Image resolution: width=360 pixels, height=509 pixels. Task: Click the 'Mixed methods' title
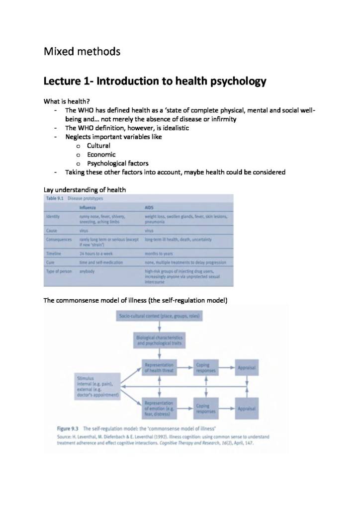[82, 51]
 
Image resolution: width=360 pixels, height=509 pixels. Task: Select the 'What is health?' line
[67, 101]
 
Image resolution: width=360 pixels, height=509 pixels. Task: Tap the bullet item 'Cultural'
[98, 146]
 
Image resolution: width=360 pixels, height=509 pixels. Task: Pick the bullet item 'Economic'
[101, 154]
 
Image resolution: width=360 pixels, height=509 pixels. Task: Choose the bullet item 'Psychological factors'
[117, 163]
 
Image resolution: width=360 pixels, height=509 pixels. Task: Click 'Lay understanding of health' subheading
[85, 189]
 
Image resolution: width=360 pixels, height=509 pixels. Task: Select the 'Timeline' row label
[53, 254]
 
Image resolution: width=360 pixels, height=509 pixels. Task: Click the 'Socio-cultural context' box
[160, 316]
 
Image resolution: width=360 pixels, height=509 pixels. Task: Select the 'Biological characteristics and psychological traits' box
[160, 340]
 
